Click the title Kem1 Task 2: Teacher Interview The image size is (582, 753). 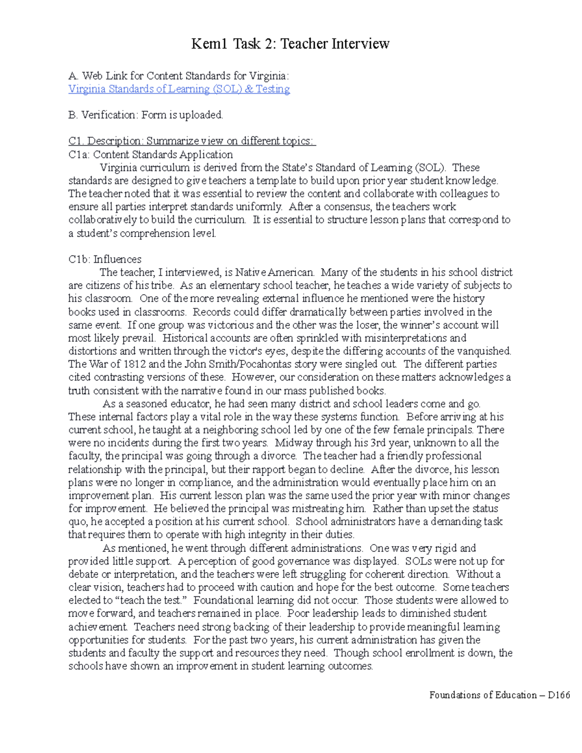pos(290,44)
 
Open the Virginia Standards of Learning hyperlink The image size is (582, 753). pos(179,89)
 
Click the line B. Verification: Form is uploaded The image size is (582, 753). pos(145,115)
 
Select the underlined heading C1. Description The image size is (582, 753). pos(192,141)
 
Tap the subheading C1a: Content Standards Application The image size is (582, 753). pos(150,155)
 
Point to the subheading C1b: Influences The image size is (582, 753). pos(105,259)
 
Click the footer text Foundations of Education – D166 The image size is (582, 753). pos(499,695)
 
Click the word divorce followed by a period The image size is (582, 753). pos(279,456)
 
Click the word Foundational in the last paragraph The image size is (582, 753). pos(222,601)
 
